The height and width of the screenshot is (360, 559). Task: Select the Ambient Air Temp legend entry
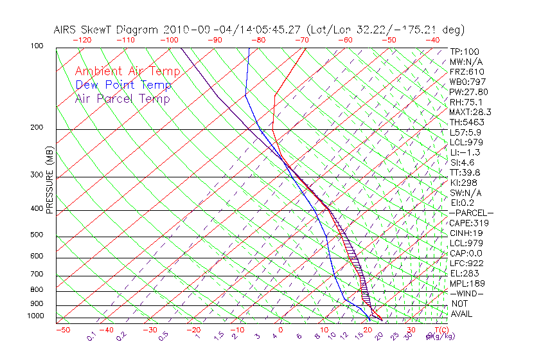click(x=128, y=71)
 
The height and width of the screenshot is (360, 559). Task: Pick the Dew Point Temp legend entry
click(x=123, y=85)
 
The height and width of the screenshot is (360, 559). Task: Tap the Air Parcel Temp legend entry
click(x=123, y=98)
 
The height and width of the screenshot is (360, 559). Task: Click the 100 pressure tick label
click(x=37, y=46)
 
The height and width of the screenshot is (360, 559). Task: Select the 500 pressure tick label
click(x=37, y=235)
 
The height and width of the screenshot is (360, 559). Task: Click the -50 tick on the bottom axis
click(x=62, y=330)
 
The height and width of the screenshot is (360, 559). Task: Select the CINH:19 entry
click(x=466, y=233)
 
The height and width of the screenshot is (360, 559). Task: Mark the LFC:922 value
click(x=466, y=263)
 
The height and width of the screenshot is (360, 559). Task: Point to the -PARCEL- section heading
click(x=471, y=213)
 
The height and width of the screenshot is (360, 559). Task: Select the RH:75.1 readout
click(x=466, y=102)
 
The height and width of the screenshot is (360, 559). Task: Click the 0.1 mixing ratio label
click(x=91, y=336)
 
